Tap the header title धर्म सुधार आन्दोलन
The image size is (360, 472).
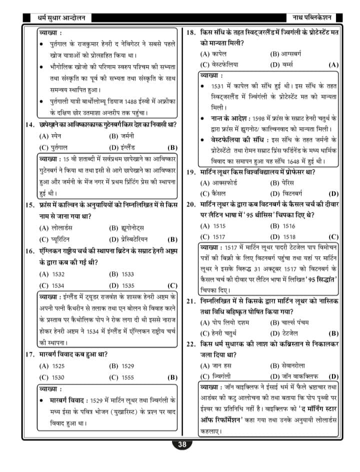point(55,19)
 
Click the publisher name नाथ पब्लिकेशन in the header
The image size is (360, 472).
point(312,19)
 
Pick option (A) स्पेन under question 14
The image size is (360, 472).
point(49,136)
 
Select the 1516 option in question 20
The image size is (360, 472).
point(282,226)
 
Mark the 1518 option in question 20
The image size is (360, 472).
point(282,237)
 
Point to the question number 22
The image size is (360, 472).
point(190,344)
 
